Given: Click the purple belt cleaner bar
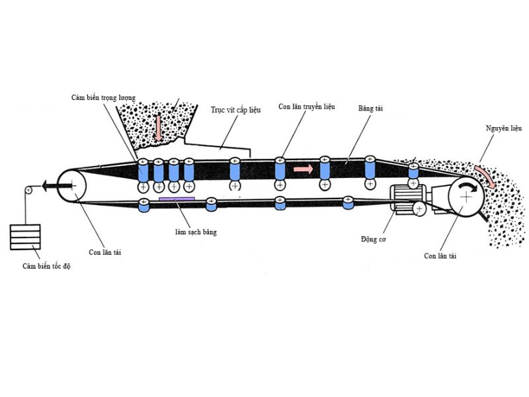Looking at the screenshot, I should (x=177, y=198).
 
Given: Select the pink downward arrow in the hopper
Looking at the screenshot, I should (x=158, y=128).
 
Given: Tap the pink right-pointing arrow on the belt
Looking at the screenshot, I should (x=303, y=169).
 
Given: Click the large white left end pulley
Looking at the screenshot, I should (x=73, y=186).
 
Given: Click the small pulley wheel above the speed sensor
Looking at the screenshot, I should (x=28, y=191).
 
